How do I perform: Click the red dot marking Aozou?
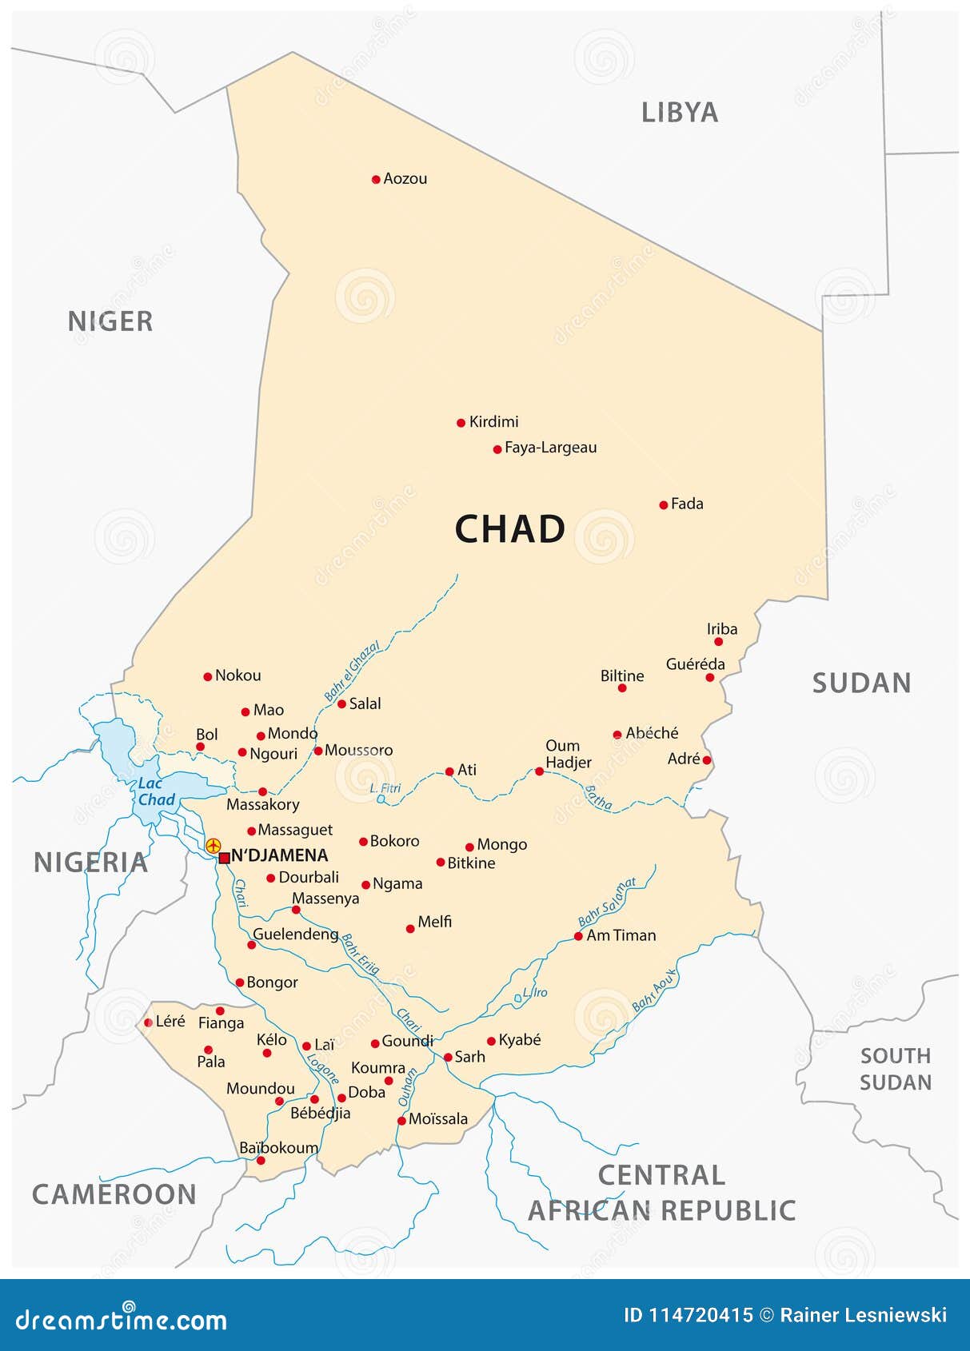tap(376, 179)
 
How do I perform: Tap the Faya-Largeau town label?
tap(550, 448)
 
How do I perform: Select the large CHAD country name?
tap(509, 529)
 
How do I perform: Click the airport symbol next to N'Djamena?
tap(213, 845)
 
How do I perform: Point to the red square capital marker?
tap(224, 858)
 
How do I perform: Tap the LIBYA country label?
tap(679, 113)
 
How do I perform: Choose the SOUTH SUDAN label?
tap(895, 1069)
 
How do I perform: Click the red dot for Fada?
tap(663, 504)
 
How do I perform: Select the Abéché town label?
tap(652, 732)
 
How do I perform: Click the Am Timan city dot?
tap(578, 936)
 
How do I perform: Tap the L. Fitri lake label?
tap(385, 788)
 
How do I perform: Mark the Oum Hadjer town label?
tap(569, 754)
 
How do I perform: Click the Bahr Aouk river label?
tap(654, 990)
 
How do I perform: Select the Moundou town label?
tap(260, 1088)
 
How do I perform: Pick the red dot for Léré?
tap(148, 1022)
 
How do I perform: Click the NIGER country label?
tap(110, 321)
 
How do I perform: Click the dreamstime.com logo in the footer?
tap(122, 1320)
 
